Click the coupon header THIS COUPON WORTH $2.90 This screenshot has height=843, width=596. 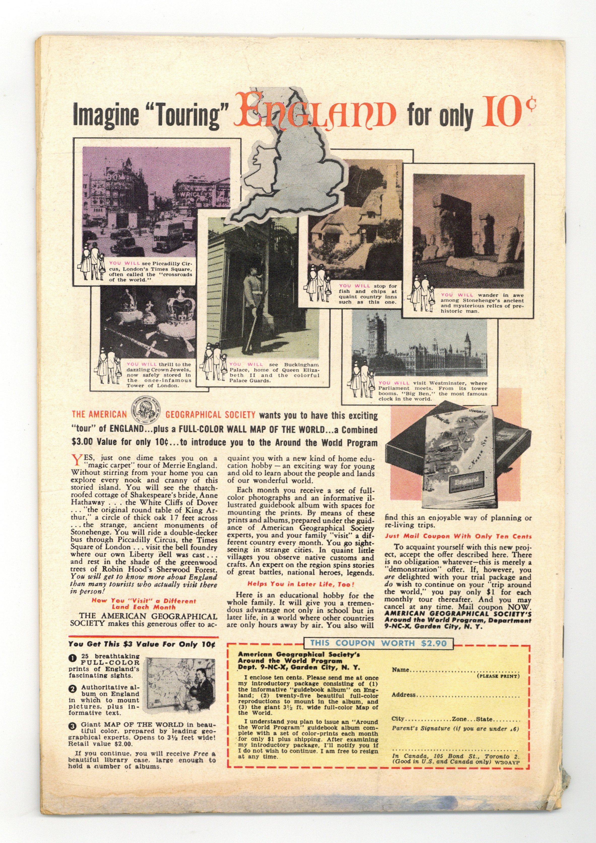tap(378, 643)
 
